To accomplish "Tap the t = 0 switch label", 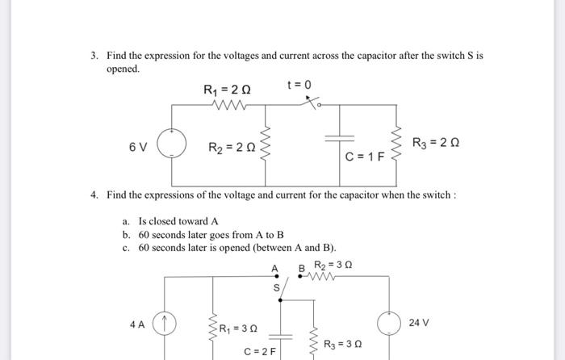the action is (299, 84).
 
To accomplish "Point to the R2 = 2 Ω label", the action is (232, 148).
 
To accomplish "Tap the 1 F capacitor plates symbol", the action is (348, 138).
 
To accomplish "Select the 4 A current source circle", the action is (165, 324).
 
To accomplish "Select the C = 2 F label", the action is (260, 351).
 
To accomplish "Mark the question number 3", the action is (94, 56).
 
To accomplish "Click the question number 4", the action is (94, 195).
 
